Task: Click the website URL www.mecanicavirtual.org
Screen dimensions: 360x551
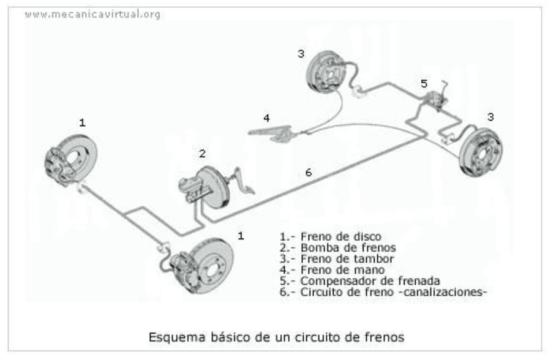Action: coord(92,14)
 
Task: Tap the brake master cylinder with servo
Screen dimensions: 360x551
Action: coord(205,186)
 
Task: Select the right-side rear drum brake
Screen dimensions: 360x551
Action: coord(484,151)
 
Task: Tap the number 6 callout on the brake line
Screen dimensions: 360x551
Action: coord(308,173)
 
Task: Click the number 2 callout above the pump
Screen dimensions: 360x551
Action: coord(202,152)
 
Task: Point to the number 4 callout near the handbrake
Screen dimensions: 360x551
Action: coord(266,118)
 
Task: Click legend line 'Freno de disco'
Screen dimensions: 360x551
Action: coord(330,236)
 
